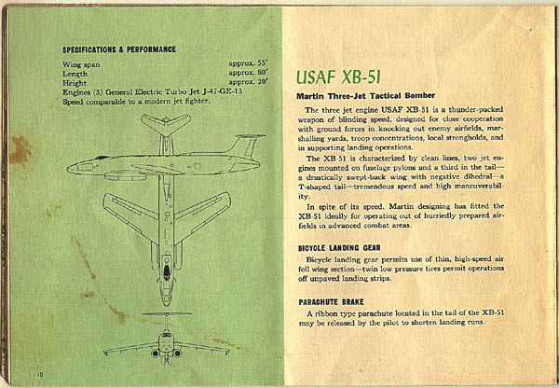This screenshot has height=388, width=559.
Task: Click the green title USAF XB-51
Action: click(x=338, y=77)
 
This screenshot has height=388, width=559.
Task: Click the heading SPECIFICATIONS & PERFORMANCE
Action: click(x=119, y=49)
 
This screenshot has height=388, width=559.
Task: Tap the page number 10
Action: click(x=40, y=374)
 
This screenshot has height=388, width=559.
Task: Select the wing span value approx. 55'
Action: click(x=248, y=64)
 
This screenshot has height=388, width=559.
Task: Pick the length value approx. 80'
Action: click(x=248, y=73)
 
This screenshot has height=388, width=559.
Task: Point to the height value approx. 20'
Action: click(x=248, y=82)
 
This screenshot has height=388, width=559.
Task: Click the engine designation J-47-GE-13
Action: click(x=222, y=91)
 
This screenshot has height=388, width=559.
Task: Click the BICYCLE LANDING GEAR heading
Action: click(x=339, y=248)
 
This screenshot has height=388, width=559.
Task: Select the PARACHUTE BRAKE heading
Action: click(x=331, y=302)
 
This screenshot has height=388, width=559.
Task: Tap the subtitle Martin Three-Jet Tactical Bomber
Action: click(x=366, y=96)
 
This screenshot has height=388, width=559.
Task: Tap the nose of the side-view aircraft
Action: click(x=69, y=169)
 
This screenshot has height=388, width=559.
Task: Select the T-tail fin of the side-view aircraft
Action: click(x=247, y=145)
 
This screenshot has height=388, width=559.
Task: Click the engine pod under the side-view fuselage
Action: click(x=125, y=176)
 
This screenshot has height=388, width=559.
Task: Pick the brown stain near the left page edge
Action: click(x=20, y=149)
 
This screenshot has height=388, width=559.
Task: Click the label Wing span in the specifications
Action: click(x=81, y=64)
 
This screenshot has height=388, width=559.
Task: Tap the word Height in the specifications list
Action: click(x=75, y=83)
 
